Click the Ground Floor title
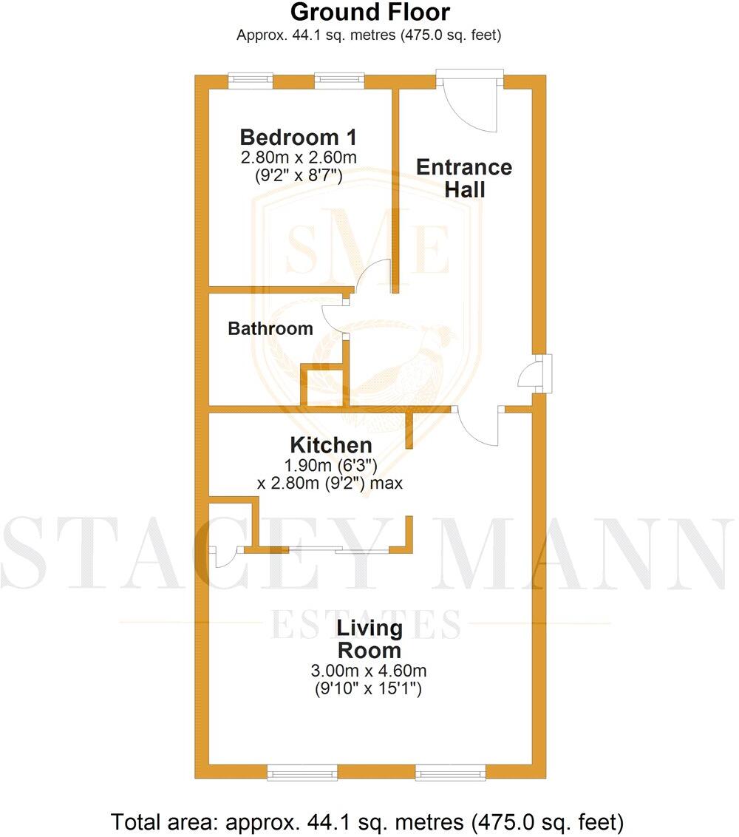point(369,13)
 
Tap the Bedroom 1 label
point(299,138)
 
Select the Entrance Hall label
point(464,177)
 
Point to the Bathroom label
point(270,329)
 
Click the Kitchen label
point(330,445)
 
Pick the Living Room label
point(369,640)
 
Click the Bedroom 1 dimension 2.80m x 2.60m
point(299,157)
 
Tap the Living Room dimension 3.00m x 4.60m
point(369,671)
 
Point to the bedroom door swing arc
point(374,277)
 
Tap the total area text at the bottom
point(368,821)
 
